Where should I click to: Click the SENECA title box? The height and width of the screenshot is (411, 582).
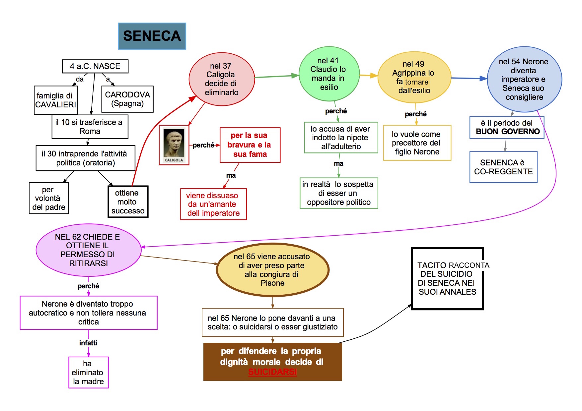point(152,36)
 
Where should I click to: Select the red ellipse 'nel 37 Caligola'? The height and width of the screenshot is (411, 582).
point(221,79)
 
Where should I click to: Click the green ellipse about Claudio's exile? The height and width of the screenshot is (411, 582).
point(329,74)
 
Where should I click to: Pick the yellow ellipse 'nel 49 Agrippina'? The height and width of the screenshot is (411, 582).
point(414,77)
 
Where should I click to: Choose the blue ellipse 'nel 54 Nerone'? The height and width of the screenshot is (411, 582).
point(524,79)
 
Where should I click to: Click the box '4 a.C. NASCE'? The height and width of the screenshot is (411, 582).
point(95,66)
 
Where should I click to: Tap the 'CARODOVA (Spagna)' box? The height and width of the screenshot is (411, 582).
point(127,99)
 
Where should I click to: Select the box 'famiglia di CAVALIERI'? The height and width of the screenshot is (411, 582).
point(55,100)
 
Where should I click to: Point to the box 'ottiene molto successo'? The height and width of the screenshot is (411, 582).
point(128,202)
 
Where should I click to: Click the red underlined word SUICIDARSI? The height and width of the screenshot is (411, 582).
point(272,372)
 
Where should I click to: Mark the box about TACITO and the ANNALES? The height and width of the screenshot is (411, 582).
point(447,278)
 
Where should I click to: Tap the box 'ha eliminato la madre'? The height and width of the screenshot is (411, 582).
point(88,373)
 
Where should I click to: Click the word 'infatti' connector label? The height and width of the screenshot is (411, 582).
point(88,343)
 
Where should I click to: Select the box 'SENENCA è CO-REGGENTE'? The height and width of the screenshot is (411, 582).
point(503,167)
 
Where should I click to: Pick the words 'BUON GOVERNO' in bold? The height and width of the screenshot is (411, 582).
point(508,132)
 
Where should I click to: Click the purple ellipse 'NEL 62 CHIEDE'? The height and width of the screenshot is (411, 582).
point(88,250)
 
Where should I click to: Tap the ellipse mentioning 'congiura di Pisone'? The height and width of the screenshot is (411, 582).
point(272,270)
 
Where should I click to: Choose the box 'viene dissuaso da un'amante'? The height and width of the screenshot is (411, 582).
point(213,204)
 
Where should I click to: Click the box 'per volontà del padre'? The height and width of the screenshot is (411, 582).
point(49,198)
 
